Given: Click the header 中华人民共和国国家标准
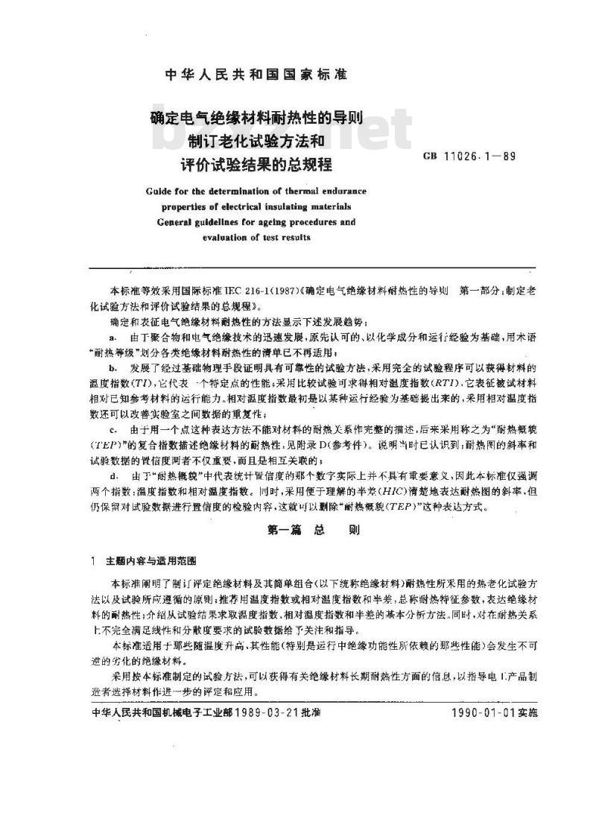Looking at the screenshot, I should (256, 75).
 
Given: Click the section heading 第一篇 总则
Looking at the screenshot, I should (297, 531).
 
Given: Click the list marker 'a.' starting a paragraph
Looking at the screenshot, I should (112, 338).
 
